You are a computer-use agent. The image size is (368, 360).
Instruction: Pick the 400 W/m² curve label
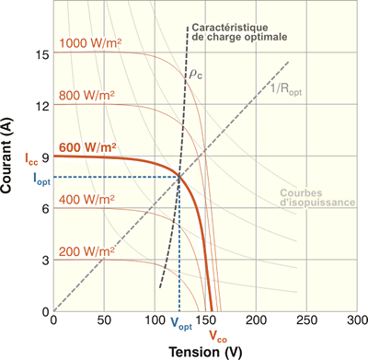tap(88, 199)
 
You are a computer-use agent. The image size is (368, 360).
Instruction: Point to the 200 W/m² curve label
tap(88, 250)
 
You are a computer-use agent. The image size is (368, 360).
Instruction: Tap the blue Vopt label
tap(182, 323)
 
